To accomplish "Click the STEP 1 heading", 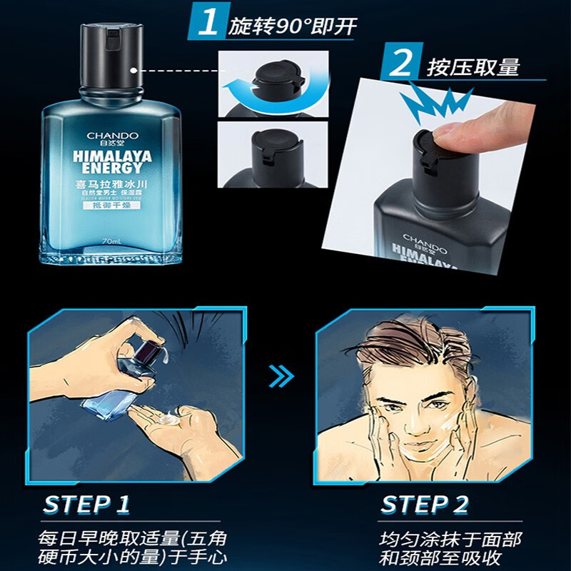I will (x=86, y=504).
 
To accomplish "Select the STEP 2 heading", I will (x=425, y=504).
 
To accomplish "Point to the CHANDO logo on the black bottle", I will (x=424, y=236).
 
